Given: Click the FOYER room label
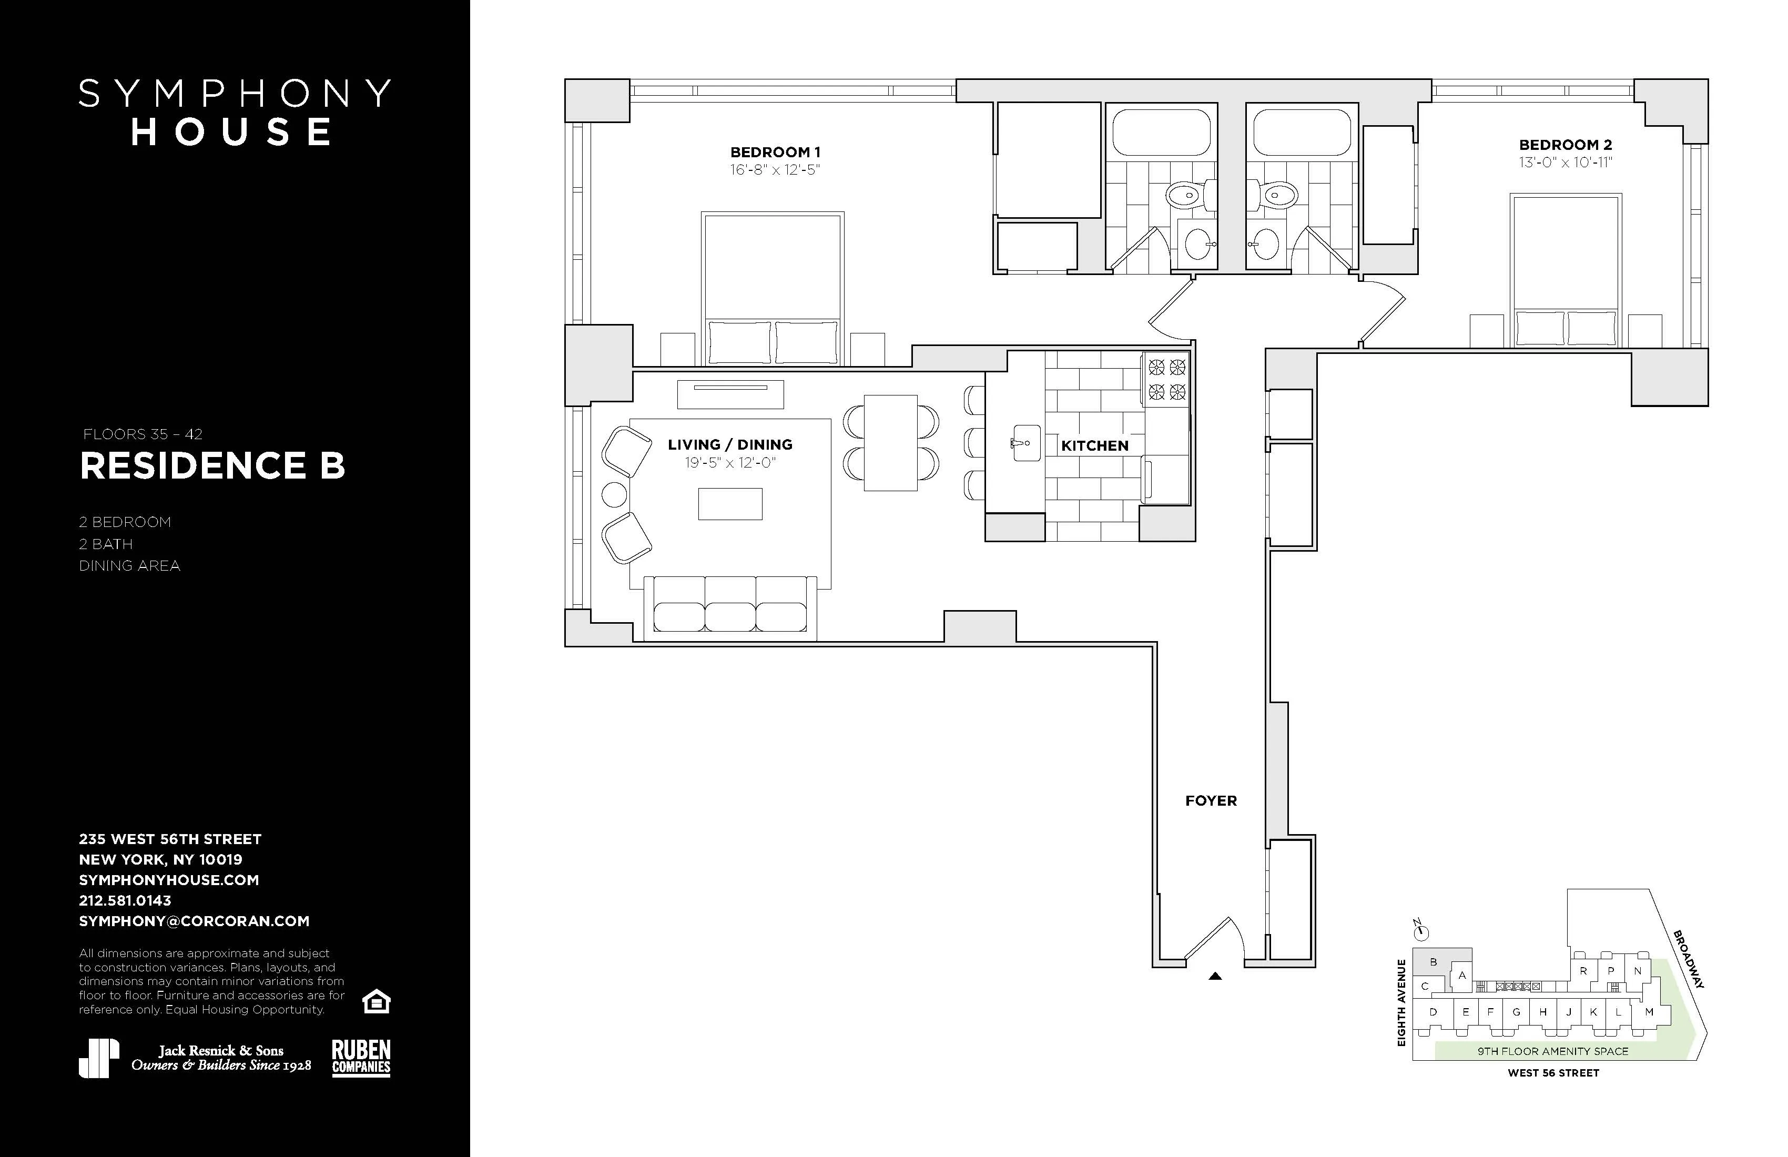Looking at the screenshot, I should [1210, 801].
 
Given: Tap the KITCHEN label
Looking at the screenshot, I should [1094, 445].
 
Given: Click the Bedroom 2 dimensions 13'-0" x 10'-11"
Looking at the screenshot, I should [1565, 163].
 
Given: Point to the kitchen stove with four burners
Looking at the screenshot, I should [1166, 379].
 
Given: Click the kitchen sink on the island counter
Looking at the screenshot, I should [1025, 443].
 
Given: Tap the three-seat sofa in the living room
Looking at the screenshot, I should [730, 604].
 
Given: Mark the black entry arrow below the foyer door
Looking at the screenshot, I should [1215, 977].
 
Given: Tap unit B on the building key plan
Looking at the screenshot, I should [1433, 962].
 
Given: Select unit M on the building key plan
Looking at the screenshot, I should [1649, 1012].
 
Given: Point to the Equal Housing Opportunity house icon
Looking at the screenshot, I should [375, 1001].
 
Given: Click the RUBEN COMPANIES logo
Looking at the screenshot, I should [361, 1058].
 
